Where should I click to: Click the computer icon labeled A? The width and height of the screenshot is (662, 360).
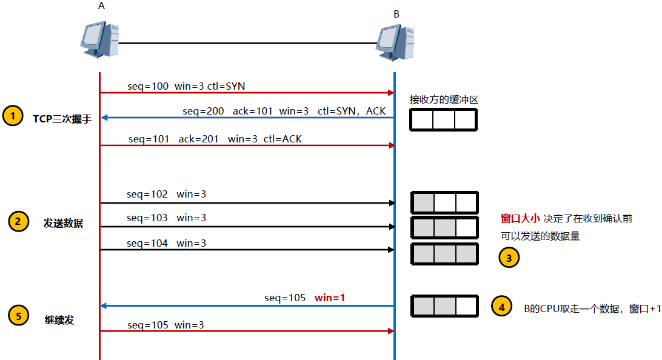tap(98, 40)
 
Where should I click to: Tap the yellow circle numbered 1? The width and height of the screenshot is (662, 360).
tap(12, 116)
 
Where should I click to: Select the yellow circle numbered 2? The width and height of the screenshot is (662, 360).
tap(18, 222)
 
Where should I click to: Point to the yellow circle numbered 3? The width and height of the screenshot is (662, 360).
tap(509, 258)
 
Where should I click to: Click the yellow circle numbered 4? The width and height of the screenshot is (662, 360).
tap(501, 307)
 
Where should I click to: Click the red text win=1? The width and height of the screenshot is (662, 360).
tap(330, 298)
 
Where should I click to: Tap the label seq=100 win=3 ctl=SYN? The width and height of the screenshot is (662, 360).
tap(186, 86)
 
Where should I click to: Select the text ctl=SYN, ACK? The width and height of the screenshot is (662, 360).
tap(352, 112)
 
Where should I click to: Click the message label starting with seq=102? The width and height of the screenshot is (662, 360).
tap(166, 195)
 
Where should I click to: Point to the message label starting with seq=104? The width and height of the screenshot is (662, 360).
tap(166, 243)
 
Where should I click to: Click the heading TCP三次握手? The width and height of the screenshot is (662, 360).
tap(62, 118)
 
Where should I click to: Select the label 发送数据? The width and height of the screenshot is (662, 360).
tap(63, 223)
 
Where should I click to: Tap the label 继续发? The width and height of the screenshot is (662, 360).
tap(59, 319)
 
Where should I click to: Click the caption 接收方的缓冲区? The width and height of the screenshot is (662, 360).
tap(444, 99)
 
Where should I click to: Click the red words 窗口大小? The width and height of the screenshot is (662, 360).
tap(520, 218)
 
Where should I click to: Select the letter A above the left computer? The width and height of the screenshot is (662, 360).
tap(101, 6)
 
